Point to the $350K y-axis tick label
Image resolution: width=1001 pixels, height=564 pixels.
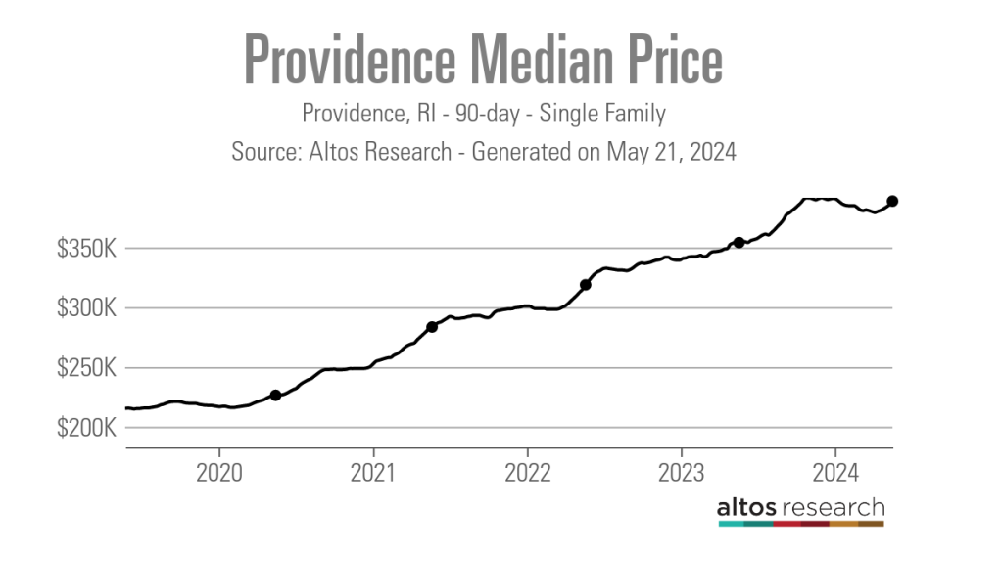(87, 249)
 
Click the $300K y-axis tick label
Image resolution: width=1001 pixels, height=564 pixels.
(87, 308)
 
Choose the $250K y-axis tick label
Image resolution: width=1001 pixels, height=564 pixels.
(87, 369)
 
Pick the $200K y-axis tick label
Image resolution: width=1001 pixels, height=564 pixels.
(87, 429)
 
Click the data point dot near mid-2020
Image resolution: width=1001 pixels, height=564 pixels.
(275, 396)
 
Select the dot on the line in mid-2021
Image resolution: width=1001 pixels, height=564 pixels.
(432, 327)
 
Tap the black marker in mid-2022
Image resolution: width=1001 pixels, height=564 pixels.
(586, 285)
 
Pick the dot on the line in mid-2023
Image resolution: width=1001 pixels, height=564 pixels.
(739, 242)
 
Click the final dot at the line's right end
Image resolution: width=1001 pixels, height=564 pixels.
(892, 201)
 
